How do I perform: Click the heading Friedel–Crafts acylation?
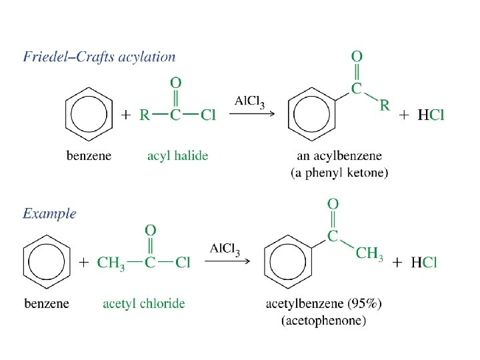pos(99,57)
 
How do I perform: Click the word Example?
pos(49,214)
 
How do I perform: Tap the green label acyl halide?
pos(177,156)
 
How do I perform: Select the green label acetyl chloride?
pos(144,303)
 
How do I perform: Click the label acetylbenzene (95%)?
pos(324,304)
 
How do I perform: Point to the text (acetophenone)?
pos(324,321)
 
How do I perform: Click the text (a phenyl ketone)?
pos(339,173)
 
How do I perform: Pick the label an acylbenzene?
pos(339,156)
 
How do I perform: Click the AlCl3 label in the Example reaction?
pos(225,249)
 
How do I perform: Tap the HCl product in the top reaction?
pos(431,115)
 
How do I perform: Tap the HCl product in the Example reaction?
pos(424,262)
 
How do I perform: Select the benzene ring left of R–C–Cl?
pos(89,115)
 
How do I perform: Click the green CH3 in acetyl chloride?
pos(111,263)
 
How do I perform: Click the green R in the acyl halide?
pos(144,115)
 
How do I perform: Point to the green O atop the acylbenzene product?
pos(357,57)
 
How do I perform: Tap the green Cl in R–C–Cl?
pos(208,115)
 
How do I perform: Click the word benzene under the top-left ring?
pos(89,156)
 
